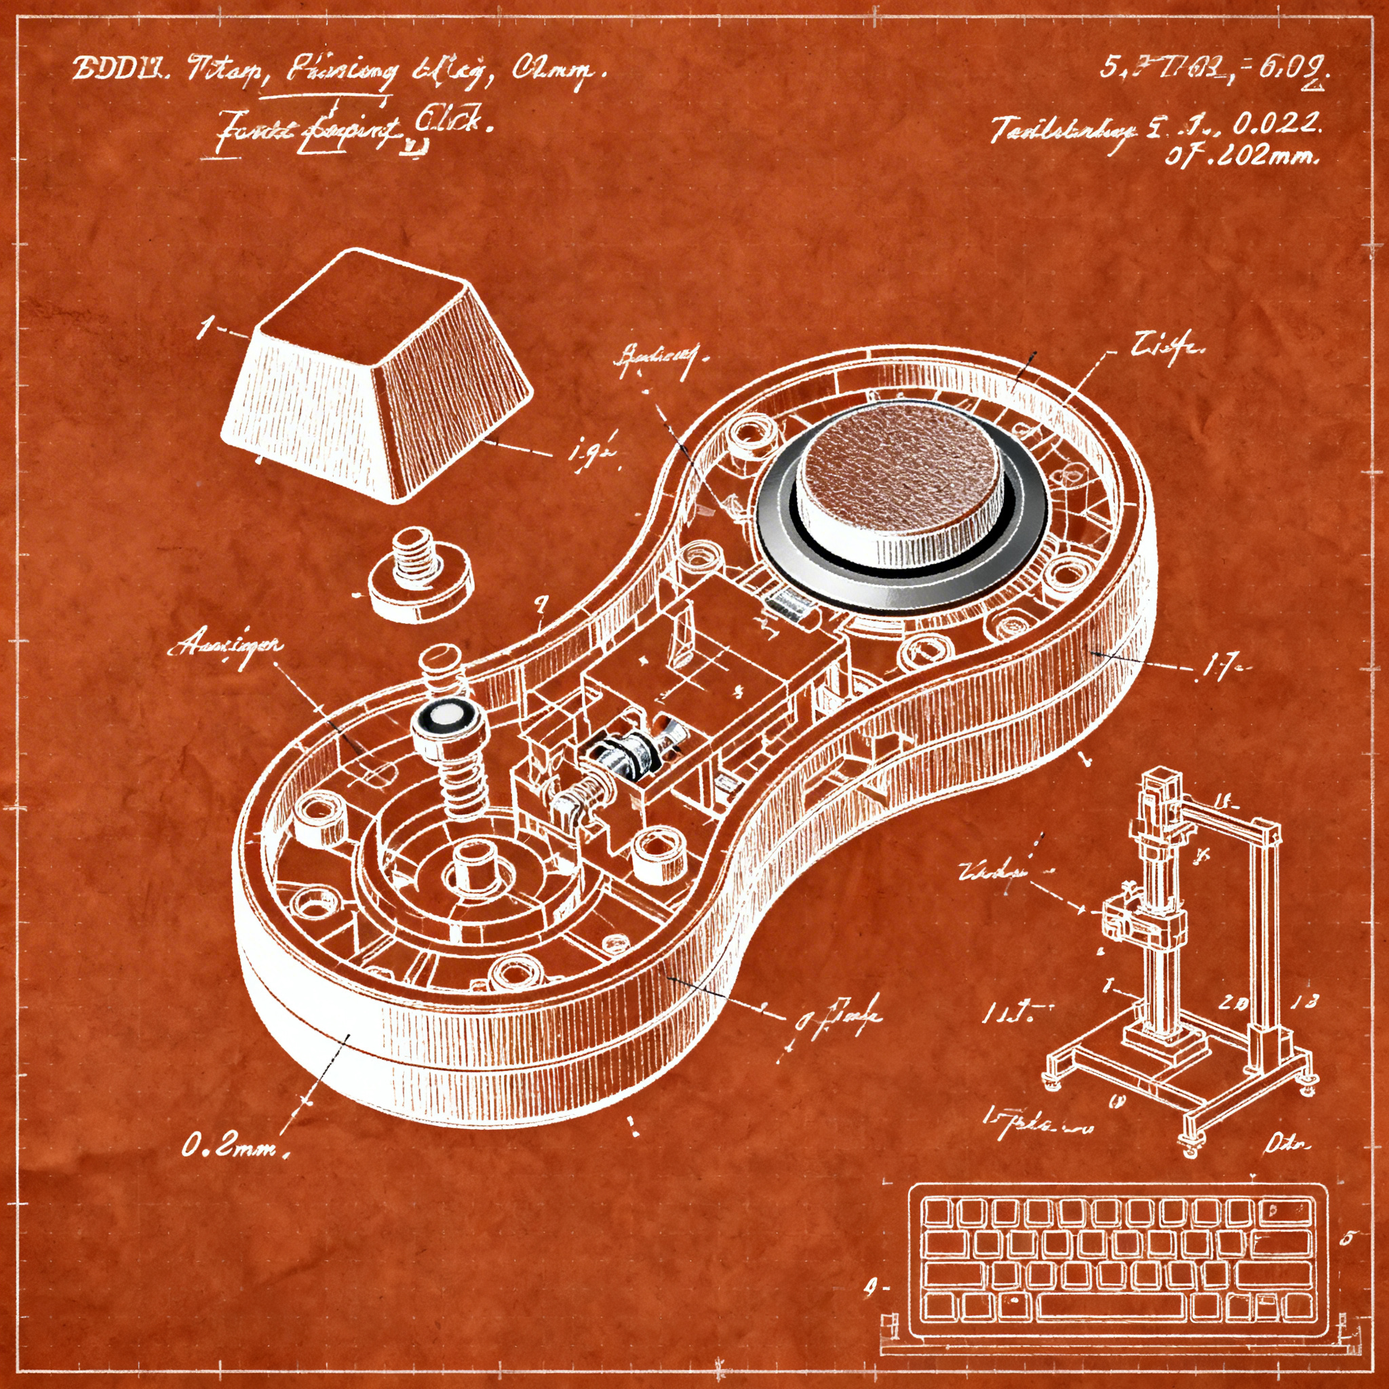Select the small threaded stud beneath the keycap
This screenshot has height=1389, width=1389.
point(420,575)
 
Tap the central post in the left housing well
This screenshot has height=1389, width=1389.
point(472,866)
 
